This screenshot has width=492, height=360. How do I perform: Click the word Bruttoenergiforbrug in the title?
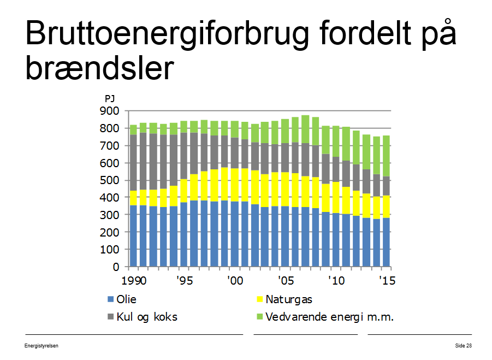167,34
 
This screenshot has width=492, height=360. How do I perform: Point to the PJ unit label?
110,99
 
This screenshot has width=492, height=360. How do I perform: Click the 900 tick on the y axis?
110,111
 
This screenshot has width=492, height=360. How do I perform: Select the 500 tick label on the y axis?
110,180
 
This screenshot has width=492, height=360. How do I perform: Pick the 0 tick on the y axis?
116,267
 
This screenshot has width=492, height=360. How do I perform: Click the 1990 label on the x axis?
134,280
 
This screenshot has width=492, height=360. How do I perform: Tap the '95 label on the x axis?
185,280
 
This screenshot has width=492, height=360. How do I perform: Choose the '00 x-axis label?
235,280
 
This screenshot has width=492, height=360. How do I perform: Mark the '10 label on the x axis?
336,280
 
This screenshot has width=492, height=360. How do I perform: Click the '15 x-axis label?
387,280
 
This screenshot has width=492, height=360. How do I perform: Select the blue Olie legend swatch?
110,299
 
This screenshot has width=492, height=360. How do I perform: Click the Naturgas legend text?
289,299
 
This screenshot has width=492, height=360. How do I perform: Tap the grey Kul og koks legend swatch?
110,317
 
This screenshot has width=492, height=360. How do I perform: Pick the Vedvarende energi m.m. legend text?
329,317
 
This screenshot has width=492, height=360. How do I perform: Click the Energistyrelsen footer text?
42,346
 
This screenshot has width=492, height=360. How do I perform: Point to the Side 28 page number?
464,346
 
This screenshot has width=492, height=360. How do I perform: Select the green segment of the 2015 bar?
386,156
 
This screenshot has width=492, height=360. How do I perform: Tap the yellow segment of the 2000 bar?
235,185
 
